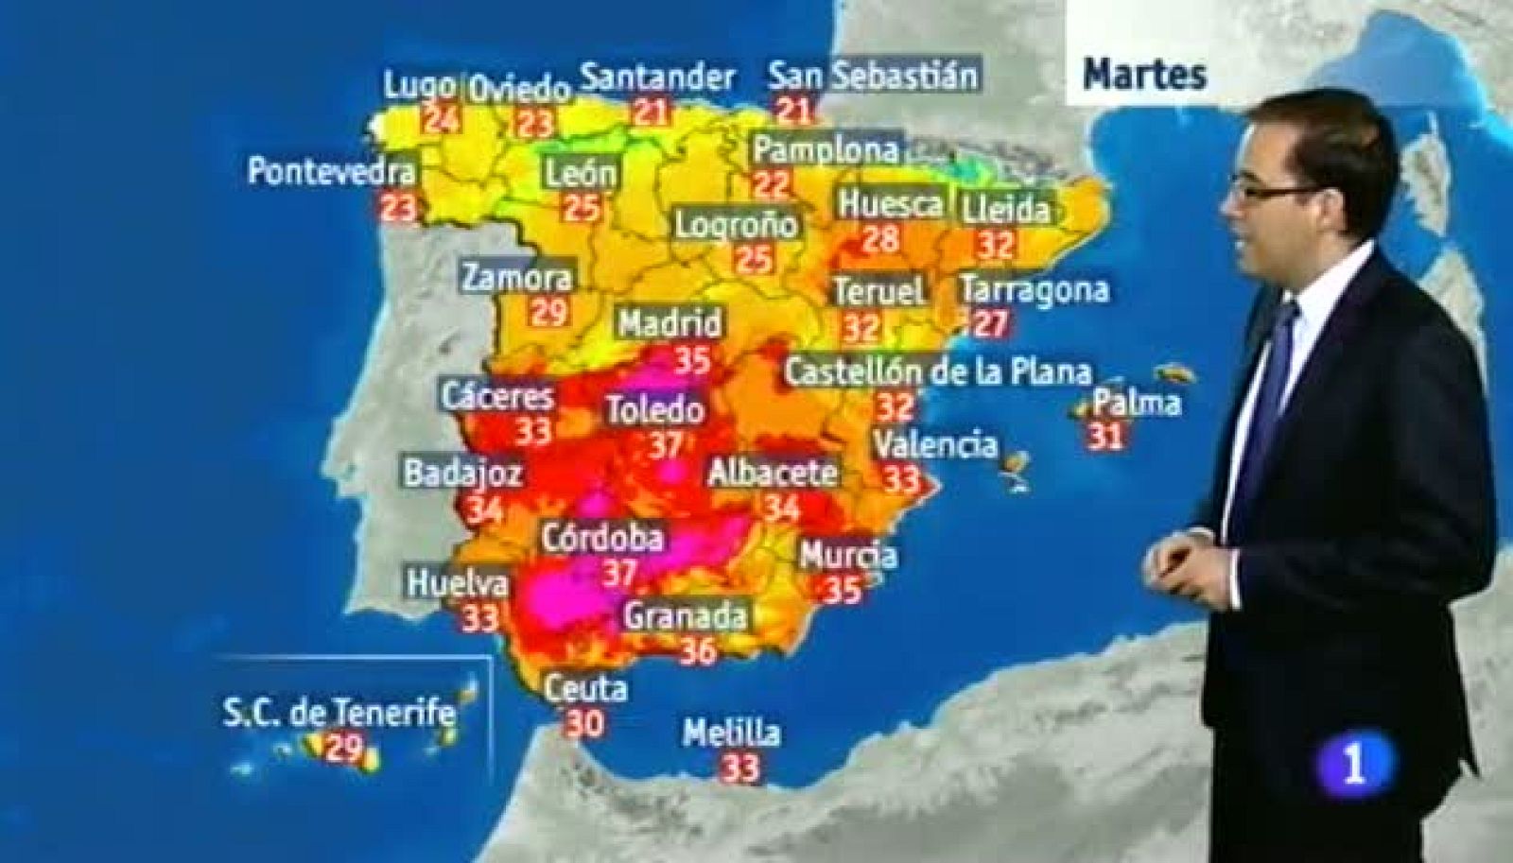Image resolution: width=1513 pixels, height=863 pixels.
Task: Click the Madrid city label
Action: pos(670,323)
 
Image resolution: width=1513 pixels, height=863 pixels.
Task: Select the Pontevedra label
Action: pos(331,172)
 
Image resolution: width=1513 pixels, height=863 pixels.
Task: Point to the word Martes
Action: pos(1144,74)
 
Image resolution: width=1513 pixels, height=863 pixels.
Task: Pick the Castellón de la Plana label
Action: pos(937,371)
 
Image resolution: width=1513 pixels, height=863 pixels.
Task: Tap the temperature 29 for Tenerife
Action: pos(344,749)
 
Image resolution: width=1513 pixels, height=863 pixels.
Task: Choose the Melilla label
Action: pos(732,733)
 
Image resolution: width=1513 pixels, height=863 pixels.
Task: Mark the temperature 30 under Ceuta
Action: pos(585,723)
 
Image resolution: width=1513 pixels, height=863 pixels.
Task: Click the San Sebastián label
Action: pos(873,76)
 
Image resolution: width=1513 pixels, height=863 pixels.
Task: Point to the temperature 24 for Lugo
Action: pos(440,120)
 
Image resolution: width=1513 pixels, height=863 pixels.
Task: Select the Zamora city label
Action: pos(517,277)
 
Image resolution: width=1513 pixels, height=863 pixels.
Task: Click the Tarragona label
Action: pos(1034,289)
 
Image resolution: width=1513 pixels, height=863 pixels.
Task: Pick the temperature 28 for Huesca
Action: pos(879,239)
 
